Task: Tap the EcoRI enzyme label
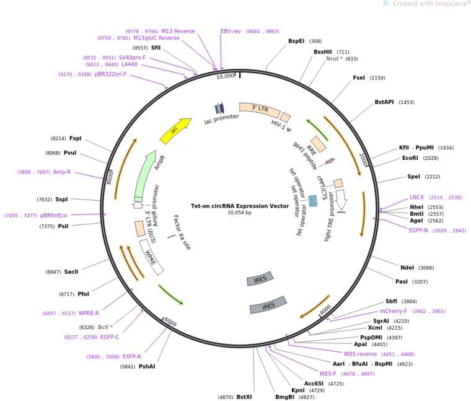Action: click(x=410, y=158)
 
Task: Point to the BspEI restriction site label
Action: click(x=296, y=42)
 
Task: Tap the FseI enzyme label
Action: click(x=359, y=78)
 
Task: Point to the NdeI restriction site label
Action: click(x=407, y=268)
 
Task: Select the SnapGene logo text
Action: click(x=444, y=4)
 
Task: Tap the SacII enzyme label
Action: click(x=71, y=271)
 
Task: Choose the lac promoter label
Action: click(x=222, y=118)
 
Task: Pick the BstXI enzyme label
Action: click(x=244, y=397)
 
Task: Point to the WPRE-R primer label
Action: click(x=89, y=313)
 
